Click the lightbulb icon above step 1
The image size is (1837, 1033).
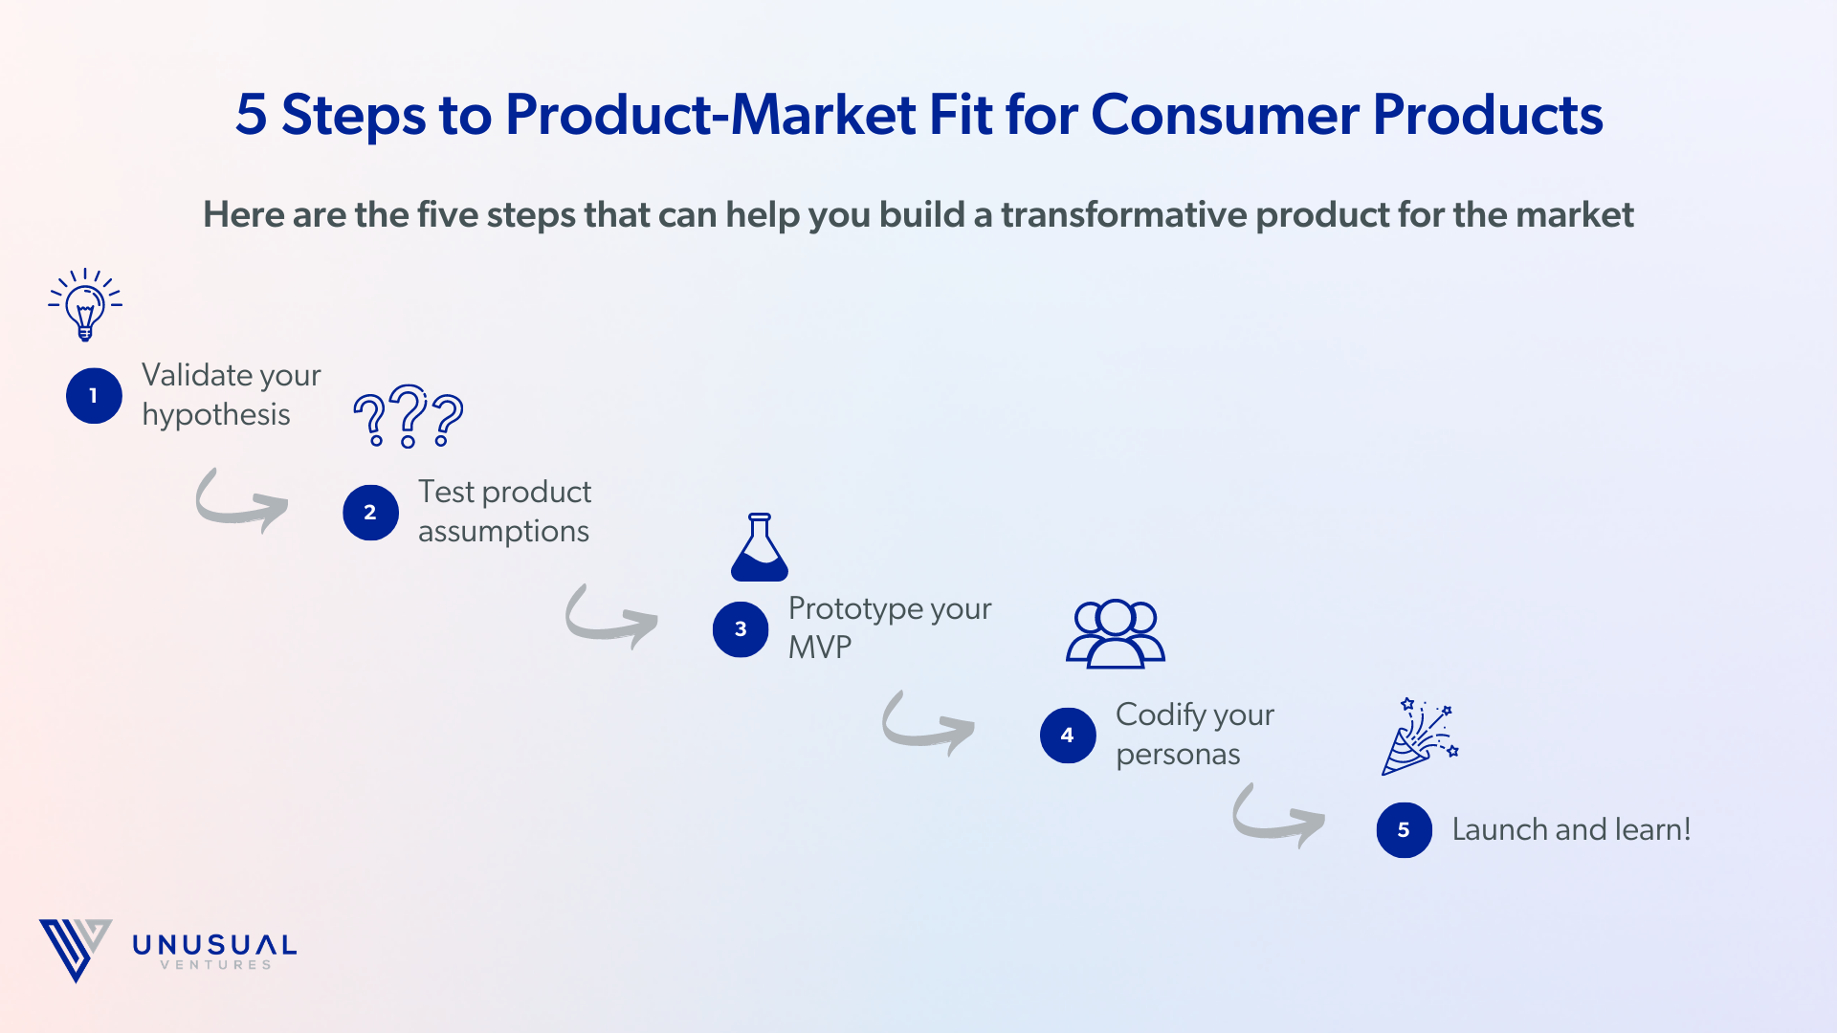[85, 304]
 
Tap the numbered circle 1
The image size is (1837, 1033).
[94, 395]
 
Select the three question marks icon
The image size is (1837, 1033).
[409, 417]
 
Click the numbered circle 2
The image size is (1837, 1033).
[370, 513]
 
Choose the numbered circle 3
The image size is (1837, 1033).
[741, 629]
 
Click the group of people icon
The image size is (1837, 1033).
[1116, 633]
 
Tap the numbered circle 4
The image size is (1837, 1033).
[1068, 736]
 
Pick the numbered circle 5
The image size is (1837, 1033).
[1404, 830]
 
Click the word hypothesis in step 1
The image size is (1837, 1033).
[216, 415]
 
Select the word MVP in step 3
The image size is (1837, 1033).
[820, 648]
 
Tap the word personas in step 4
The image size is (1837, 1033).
[1178, 755]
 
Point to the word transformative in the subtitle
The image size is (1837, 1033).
[1123, 214]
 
